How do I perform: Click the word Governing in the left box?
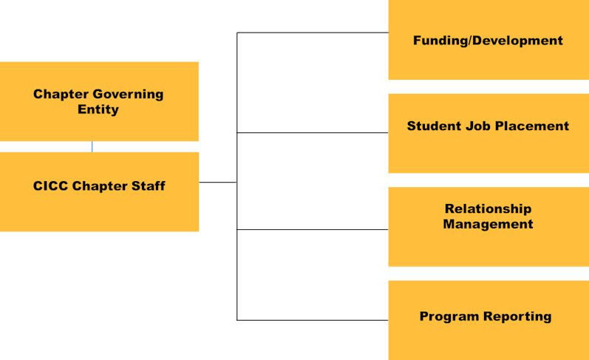(128, 95)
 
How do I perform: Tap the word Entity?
(98, 109)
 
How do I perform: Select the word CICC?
(51, 186)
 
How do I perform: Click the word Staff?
(148, 186)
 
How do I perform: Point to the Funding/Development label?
(488, 41)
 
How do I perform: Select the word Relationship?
(488, 208)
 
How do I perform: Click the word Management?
(488, 224)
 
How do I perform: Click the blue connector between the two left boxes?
(92, 146)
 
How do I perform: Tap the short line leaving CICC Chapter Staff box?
(218, 183)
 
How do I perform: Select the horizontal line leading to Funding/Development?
(313, 33)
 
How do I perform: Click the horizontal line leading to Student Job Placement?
(313, 132)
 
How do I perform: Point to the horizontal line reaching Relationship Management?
(313, 229)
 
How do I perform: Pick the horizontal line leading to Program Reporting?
(313, 320)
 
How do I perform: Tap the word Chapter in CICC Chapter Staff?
(100, 186)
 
